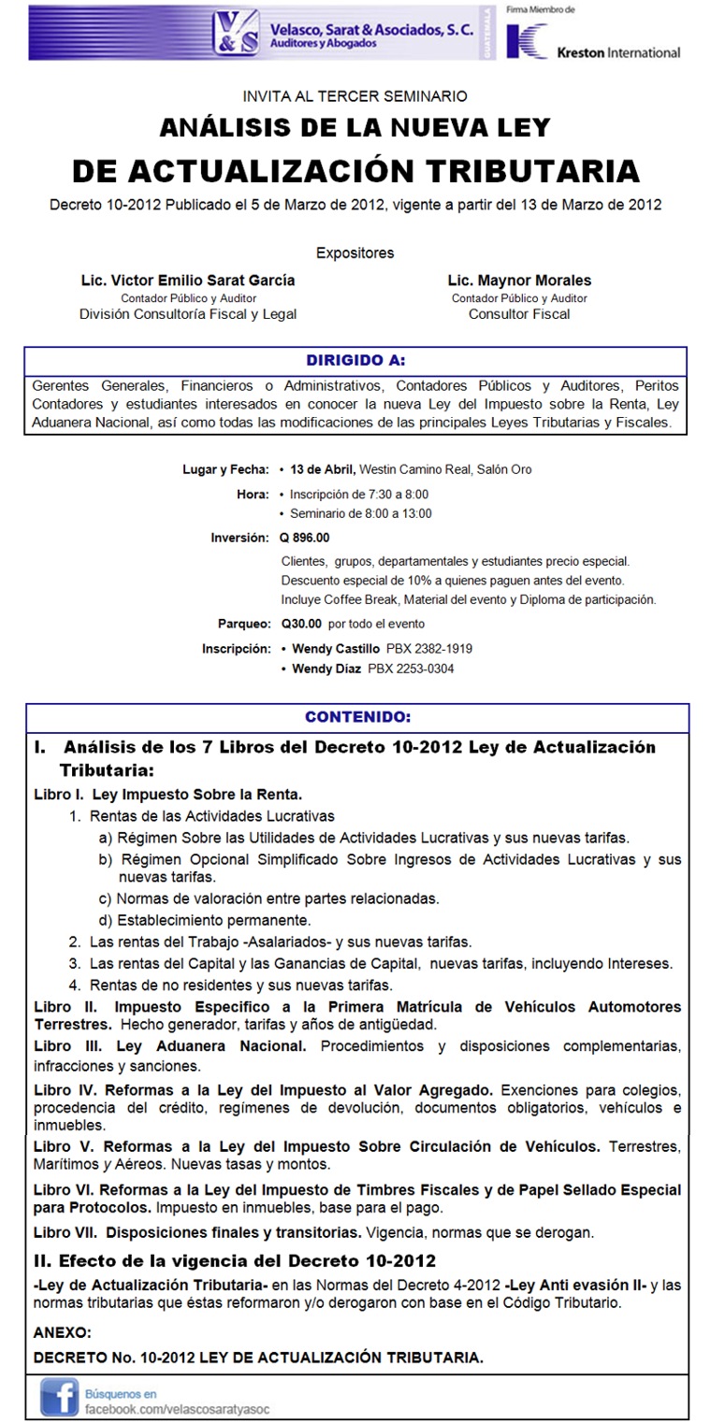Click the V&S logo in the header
235,34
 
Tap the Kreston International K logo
528,42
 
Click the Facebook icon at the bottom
58,1398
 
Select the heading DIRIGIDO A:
355,360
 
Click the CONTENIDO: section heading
357,717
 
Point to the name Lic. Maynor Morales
519,280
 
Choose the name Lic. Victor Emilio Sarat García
188,280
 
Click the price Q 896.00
305,538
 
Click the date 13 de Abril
323,469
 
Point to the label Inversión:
240,538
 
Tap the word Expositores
355,252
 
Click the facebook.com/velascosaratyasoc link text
177,1407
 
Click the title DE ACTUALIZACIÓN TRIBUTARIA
355,171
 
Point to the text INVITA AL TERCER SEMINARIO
355,95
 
